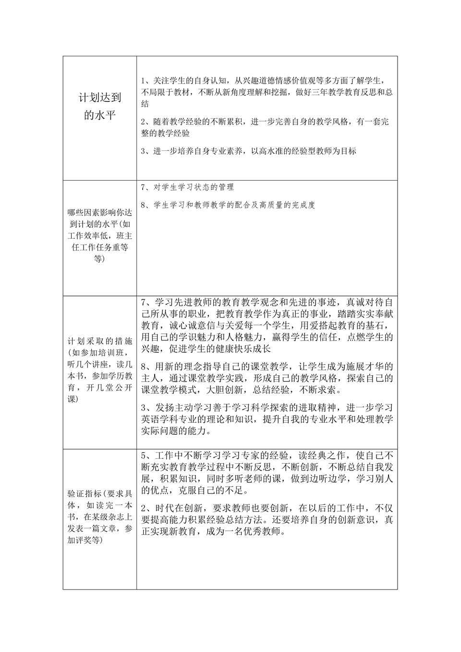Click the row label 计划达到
coord(100,98)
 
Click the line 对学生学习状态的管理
coord(194,187)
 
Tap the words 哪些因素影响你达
coord(100,212)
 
